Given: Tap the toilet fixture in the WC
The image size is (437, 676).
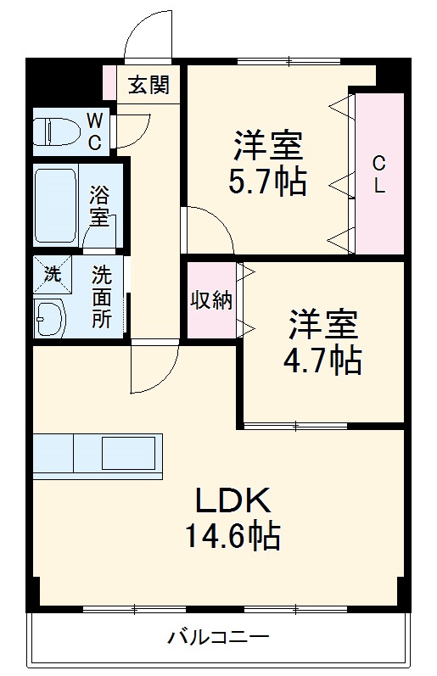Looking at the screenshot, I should (x=56, y=131).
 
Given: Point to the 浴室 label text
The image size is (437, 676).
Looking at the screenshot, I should (x=100, y=206).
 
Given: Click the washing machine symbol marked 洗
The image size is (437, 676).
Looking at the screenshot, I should (x=52, y=274).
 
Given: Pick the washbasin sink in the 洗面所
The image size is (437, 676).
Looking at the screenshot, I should (x=51, y=316).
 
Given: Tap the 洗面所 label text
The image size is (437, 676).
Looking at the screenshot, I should (x=102, y=299).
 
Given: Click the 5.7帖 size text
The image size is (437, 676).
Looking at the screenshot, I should (x=268, y=182).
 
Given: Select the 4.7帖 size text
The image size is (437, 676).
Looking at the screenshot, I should (x=322, y=361).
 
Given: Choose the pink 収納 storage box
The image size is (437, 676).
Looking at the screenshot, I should (x=211, y=300).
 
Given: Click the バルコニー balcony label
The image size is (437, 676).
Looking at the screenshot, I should (x=218, y=635).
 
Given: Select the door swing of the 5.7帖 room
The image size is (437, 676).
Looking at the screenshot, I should (x=207, y=229).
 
